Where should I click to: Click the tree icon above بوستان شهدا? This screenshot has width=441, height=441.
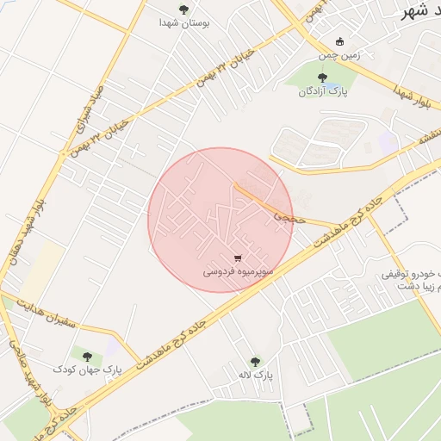tap(183, 9)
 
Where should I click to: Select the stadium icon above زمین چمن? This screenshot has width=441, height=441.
tap(339, 40)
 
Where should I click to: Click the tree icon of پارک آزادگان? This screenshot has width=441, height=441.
tap(322, 78)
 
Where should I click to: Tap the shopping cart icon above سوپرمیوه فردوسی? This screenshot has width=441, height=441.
tap(238, 258)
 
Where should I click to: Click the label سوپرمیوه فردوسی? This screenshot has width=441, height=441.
tap(239, 271)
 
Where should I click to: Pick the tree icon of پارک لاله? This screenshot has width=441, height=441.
tap(254, 362)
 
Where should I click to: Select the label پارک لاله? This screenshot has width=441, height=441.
tap(255, 376)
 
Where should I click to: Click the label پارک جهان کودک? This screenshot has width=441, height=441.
tap(88, 369)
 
